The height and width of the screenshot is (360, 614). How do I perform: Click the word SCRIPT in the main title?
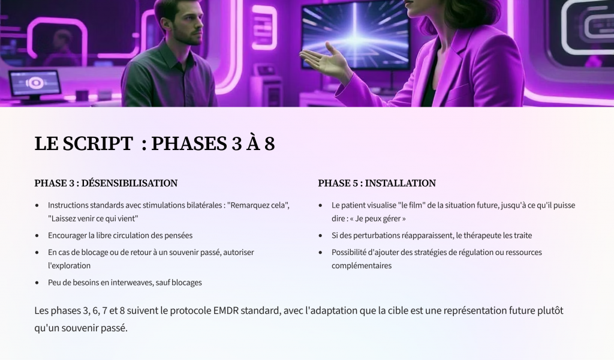click(x=98, y=143)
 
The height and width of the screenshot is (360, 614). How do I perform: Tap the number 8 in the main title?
click(x=269, y=143)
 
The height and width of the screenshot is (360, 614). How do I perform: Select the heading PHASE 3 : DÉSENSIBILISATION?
click(x=106, y=183)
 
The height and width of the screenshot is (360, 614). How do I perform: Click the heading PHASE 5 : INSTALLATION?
click(x=377, y=183)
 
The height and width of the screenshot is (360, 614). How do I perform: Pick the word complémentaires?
click(x=362, y=266)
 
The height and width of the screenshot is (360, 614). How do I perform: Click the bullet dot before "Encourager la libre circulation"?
click(x=37, y=236)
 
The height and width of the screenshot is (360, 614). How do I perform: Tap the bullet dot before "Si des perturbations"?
click(x=321, y=236)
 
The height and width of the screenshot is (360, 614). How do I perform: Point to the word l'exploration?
click(x=70, y=266)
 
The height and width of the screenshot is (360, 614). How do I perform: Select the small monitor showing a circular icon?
click(x=35, y=83)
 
